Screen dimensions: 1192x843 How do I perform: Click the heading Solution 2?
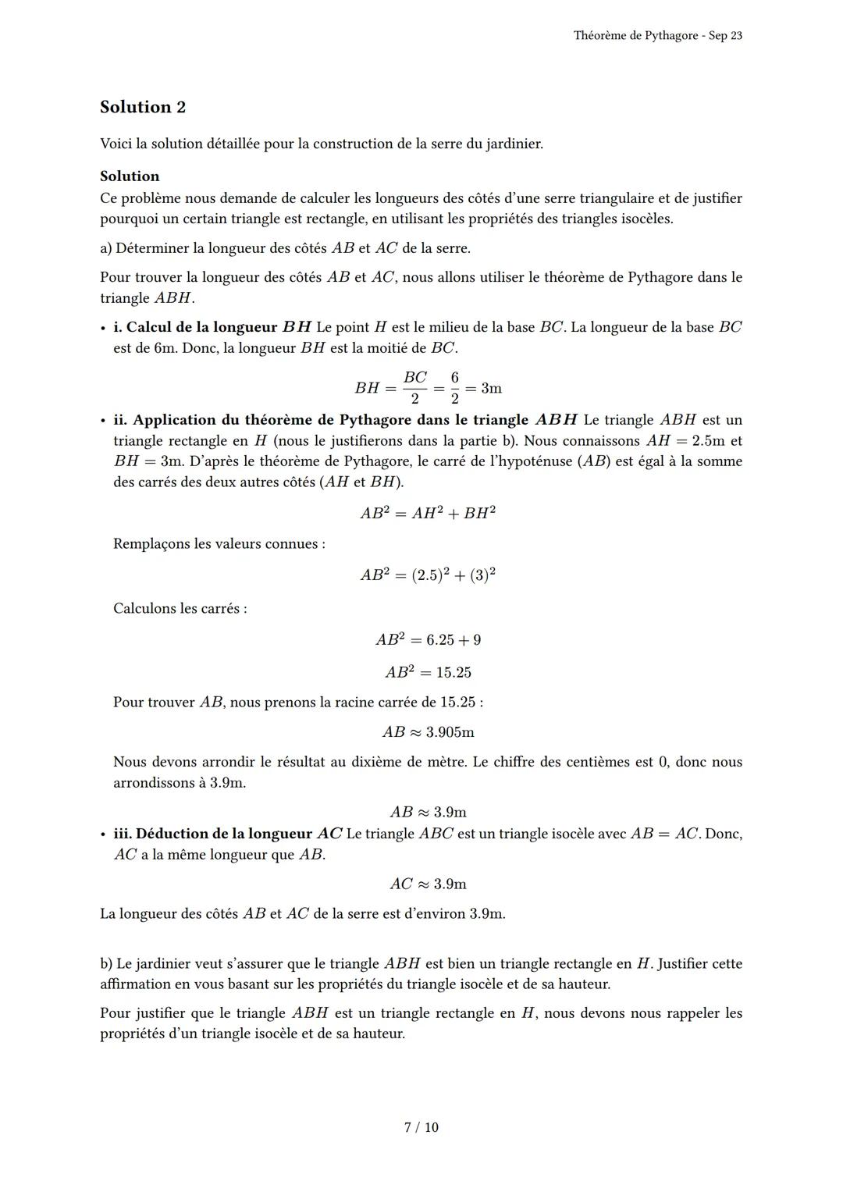click(143, 107)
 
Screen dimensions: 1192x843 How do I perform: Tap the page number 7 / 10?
click(421, 1127)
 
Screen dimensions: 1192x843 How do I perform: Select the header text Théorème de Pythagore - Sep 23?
click(657, 36)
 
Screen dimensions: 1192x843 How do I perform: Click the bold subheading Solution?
click(130, 176)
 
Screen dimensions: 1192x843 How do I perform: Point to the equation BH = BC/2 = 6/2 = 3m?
click(428, 388)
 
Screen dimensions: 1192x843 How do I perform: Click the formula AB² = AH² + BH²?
click(428, 513)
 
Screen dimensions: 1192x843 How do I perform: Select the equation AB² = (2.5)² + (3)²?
click(428, 575)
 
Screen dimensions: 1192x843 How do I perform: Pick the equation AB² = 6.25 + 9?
click(428, 640)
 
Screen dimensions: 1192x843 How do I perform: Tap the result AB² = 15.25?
click(428, 672)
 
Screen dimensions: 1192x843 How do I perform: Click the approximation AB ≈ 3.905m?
click(428, 732)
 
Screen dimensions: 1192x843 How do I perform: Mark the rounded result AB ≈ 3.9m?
click(428, 812)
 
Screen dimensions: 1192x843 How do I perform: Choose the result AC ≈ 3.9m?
click(428, 884)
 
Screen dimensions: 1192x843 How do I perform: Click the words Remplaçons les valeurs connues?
click(219, 544)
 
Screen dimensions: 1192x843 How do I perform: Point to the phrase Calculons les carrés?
click(180, 608)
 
